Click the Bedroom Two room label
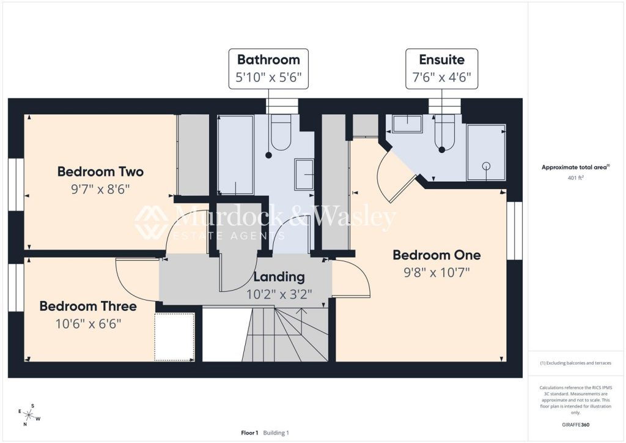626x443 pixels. [100, 171]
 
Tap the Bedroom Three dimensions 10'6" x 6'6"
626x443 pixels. [88, 323]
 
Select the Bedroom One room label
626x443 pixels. [436, 255]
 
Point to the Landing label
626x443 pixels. [279, 277]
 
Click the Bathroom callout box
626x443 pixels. [268, 69]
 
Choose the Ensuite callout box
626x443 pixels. [441, 69]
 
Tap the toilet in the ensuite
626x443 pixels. [444, 133]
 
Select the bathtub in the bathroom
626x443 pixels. [235, 155]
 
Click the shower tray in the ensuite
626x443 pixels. [486, 152]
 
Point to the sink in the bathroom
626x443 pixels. [304, 174]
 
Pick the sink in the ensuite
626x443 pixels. [407, 124]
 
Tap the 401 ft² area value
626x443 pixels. [575, 178]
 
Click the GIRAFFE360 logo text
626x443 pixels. [575, 425]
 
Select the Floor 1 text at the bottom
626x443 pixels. [249, 433]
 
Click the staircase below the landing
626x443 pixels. [286, 335]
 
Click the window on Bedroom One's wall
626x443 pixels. [515, 231]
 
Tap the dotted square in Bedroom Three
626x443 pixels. [174, 337]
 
